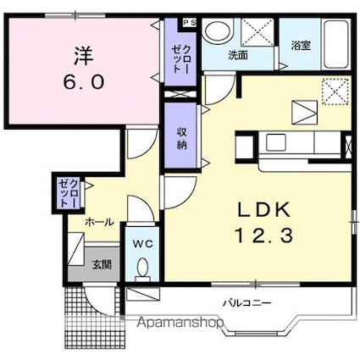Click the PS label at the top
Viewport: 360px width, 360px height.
point(189,23)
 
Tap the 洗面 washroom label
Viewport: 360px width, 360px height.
point(238,55)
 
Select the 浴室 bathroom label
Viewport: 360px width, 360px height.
point(301,46)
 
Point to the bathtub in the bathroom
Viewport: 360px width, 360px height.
point(336,44)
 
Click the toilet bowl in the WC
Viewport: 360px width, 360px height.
point(143,268)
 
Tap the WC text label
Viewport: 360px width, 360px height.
point(143,244)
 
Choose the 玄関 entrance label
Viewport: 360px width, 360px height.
point(102,264)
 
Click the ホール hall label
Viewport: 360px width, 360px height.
point(100,223)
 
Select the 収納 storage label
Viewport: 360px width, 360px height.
point(182,138)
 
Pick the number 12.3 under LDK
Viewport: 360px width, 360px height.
point(263,236)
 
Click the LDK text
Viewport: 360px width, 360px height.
point(264,210)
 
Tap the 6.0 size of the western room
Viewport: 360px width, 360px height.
point(84,81)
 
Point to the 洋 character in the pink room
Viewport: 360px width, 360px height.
point(84,55)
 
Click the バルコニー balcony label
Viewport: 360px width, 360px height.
point(247,303)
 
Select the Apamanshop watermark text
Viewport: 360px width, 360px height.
point(180,322)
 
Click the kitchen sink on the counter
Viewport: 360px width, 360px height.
point(275,142)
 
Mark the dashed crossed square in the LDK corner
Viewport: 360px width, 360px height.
point(335,91)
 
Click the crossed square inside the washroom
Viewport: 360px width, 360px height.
point(258,32)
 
